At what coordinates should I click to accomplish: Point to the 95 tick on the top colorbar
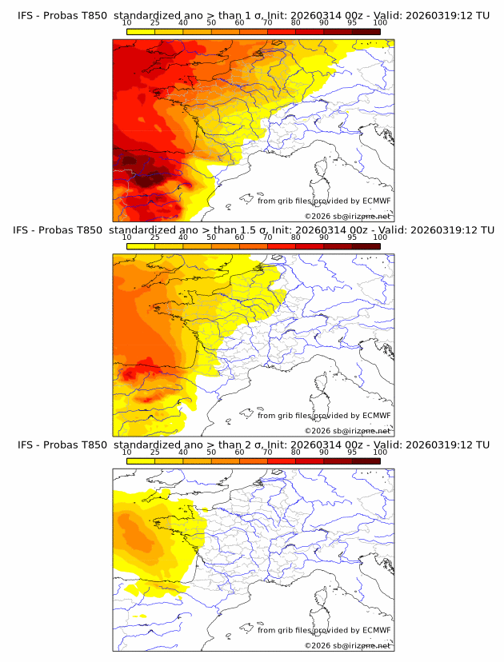click(352, 22)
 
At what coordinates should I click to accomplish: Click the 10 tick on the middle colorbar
click(127, 237)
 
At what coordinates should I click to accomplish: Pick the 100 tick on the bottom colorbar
click(380, 452)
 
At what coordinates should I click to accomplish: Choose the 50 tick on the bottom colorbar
click(211, 452)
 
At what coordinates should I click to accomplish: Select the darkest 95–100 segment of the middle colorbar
click(366, 245)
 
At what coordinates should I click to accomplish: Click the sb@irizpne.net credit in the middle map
click(362, 431)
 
